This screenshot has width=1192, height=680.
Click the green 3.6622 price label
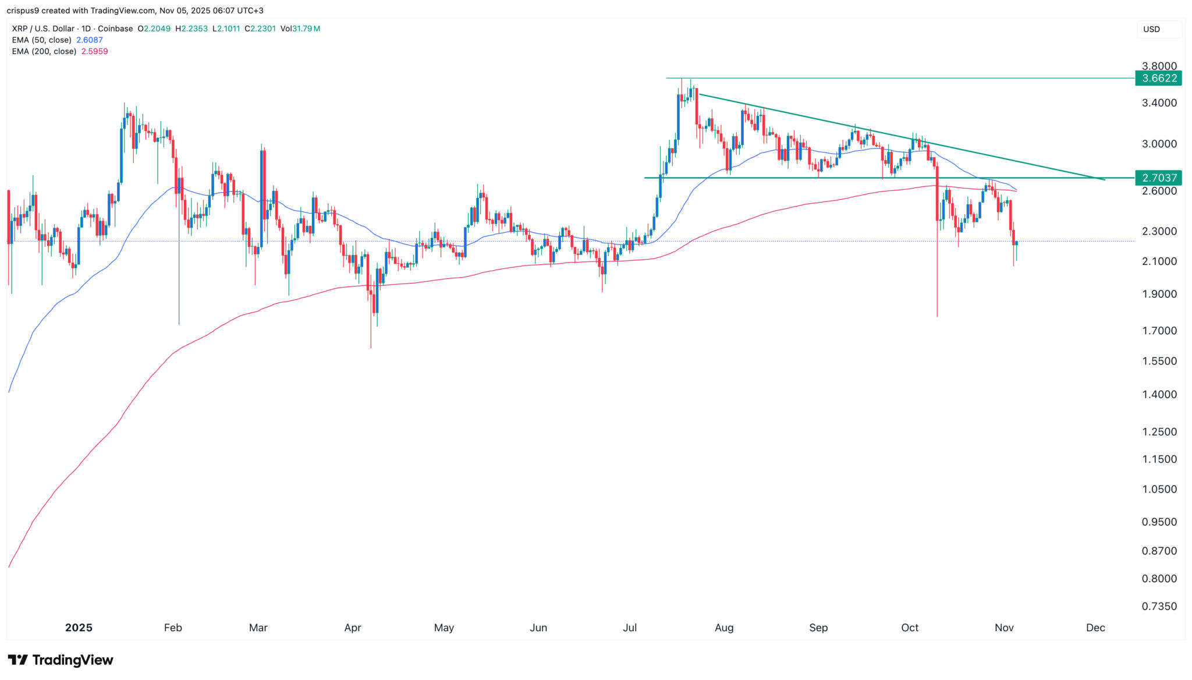click(1159, 79)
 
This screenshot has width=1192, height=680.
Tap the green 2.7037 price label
click(1159, 178)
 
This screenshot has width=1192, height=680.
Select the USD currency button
click(1151, 29)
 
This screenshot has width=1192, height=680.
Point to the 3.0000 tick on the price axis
click(1159, 144)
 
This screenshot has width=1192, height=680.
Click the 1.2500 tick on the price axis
click(1159, 432)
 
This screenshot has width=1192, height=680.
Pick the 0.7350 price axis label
click(1159, 607)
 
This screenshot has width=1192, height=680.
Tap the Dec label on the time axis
click(1095, 628)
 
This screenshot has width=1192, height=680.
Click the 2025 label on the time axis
click(79, 628)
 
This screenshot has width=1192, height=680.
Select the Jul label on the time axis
click(630, 628)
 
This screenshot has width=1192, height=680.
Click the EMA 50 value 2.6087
click(90, 40)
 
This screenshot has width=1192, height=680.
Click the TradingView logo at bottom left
click(61, 660)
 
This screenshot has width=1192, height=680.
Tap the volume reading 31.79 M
click(308, 29)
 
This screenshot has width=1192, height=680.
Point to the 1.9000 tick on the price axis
click(1159, 295)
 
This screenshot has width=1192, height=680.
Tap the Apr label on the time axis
click(353, 628)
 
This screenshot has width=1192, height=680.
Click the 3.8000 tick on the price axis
click(1159, 66)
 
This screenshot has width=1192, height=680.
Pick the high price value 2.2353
click(194, 29)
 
